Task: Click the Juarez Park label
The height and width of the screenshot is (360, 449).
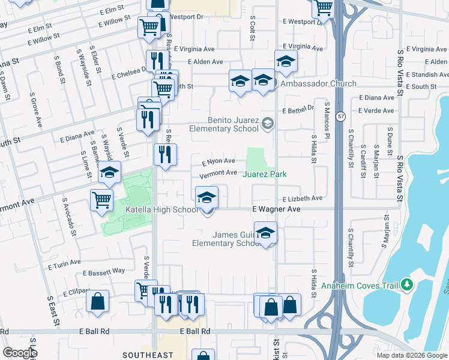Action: point(265,175)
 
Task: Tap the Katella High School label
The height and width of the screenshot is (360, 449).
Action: point(162,209)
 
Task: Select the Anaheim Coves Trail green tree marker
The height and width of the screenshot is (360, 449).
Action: point(408,284)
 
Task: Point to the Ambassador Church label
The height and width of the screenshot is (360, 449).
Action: point(318,84)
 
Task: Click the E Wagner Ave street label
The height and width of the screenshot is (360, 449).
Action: point(276,209)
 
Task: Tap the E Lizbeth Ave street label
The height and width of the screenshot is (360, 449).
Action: point(303,198)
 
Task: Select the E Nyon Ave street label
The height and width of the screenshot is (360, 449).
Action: point(218,161)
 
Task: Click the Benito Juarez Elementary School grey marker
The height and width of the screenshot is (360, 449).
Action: point(268,124)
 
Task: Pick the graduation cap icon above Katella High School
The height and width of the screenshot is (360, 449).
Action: point(206,197)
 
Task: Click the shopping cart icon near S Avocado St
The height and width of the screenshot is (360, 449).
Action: point(101,200)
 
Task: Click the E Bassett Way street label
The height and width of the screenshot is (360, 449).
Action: point(104,271)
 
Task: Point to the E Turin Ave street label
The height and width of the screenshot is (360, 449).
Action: point(64,263)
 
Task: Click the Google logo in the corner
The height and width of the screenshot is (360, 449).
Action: point(20,353)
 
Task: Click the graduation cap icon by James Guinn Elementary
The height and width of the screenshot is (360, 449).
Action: point(265,233)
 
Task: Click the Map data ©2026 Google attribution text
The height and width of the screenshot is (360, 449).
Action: point(411,355)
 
